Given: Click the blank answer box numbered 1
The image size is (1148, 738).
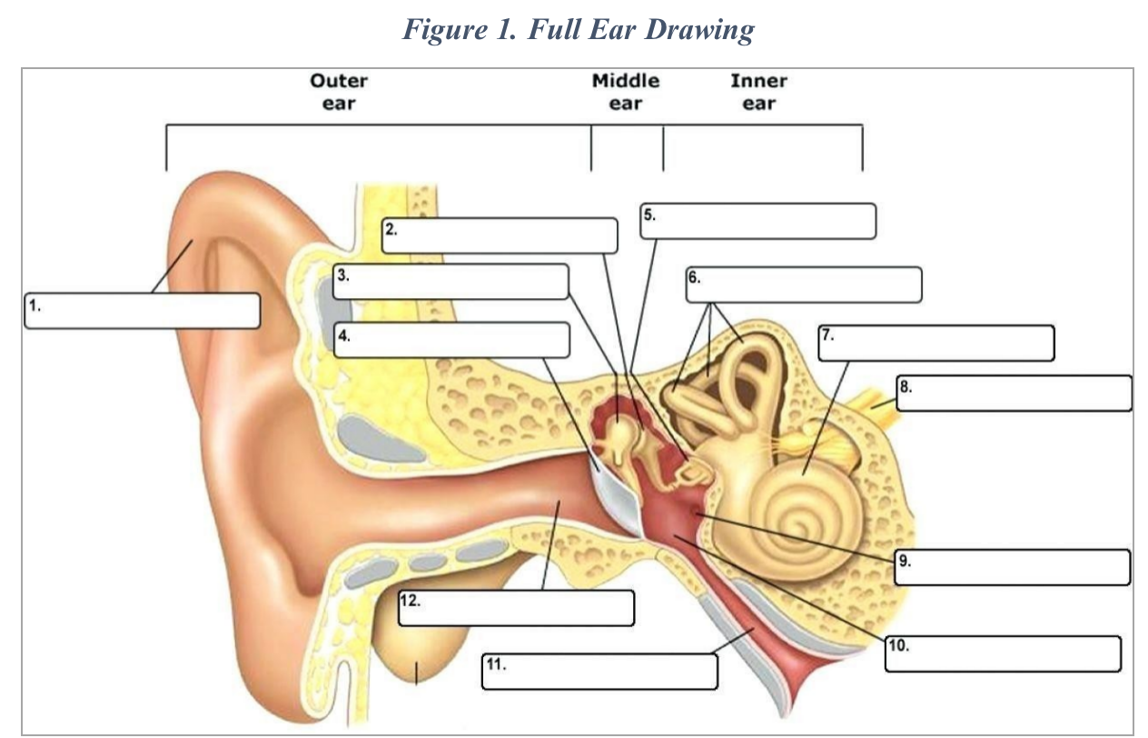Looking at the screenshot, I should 143,310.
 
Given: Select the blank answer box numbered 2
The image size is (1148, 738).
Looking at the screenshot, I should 500,235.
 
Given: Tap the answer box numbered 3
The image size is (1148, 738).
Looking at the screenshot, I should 450,282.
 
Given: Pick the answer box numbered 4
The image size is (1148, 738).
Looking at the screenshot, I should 451,340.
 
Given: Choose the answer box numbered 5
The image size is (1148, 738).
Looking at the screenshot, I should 757,221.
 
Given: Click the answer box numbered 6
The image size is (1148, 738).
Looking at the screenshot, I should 803,284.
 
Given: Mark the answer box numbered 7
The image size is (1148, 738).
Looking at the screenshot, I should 935,343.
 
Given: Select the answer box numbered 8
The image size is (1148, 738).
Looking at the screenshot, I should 1014,394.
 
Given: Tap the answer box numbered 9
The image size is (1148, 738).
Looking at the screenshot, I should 1012,567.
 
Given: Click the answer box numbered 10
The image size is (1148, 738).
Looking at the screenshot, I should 1003,654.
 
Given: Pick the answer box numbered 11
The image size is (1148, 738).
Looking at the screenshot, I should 599,672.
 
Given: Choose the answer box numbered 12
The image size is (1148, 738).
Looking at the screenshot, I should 515,608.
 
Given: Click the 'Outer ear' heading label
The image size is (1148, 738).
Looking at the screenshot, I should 339,91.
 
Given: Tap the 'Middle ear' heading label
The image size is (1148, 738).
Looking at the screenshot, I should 626,91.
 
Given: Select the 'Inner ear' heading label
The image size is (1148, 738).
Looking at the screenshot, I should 758,91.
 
